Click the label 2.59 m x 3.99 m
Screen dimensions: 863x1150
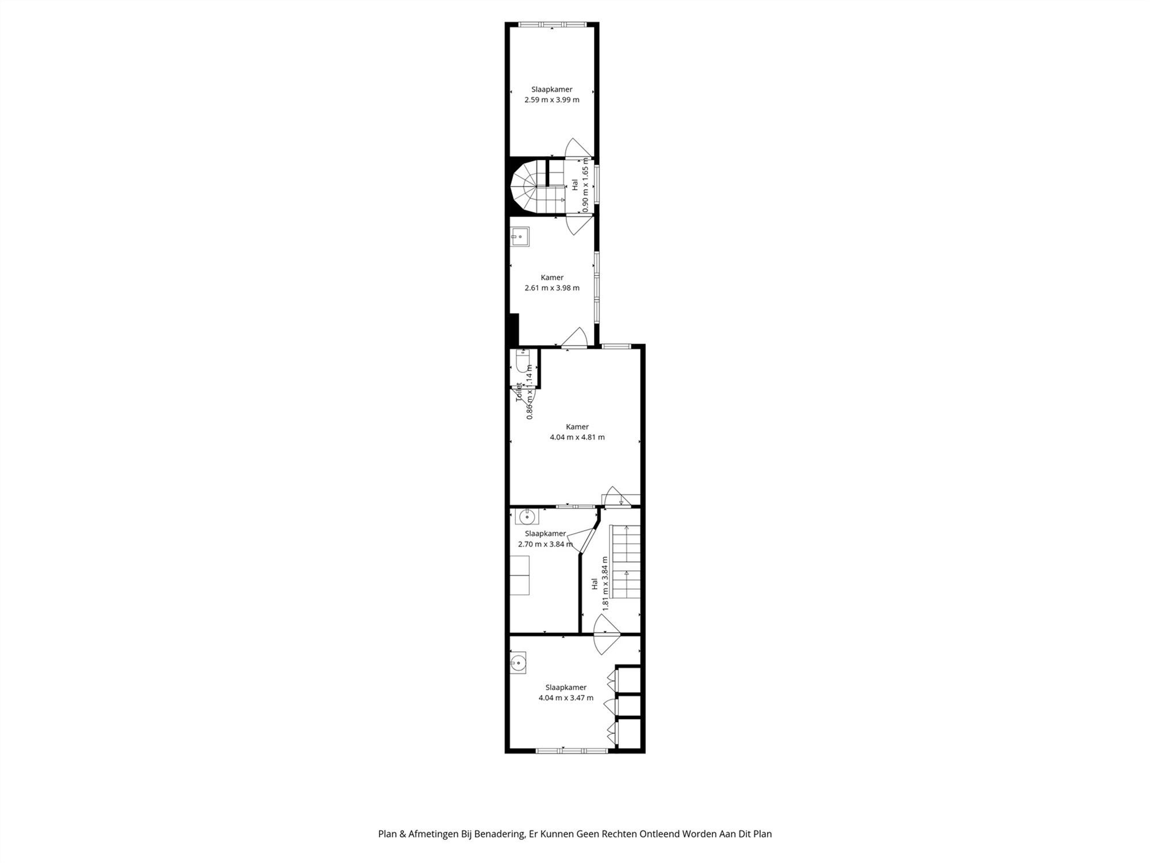click(551, 100)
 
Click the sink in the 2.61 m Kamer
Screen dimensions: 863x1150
click(520, 236)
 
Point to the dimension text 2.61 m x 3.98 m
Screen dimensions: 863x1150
click(551, 288)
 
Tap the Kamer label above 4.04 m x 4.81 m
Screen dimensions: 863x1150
click(577, 426)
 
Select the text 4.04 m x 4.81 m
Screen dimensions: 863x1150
click(577, 437)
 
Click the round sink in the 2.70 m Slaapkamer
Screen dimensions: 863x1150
click(527, 517)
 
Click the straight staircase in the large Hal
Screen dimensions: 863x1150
click(625, 561)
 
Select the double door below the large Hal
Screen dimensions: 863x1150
click(607, 634)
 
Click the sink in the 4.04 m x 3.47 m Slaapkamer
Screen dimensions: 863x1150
click(517, 663)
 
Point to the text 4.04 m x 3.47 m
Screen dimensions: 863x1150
click(566, 698)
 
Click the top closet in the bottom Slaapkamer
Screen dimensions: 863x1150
click(628, 679)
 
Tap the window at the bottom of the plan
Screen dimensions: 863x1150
click(571, 750)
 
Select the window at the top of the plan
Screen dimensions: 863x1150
click(551, 25)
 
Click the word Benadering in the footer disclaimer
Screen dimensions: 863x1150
click(499, 834)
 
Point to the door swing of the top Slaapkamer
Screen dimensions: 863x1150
click(577, 148)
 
